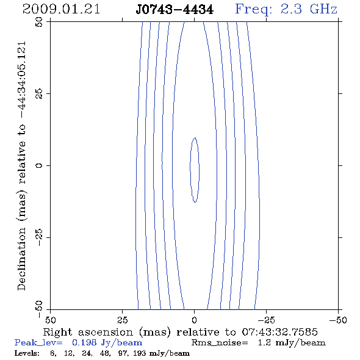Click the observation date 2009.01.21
click(x=61, y=9)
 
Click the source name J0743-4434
click(x=175, y=10)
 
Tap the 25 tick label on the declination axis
click(x=39, y=94)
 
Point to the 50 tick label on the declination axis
click(x=39, y=22)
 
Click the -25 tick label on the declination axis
click(x=39, y=237)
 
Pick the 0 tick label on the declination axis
click(x=39, y=165)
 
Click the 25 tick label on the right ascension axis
click(x=123, y=320)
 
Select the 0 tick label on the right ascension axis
click(x=195, y=320)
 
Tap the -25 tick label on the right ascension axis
click(x=266, y=320)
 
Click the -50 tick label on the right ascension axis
click(x=338, y=320)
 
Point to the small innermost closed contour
click(x=190, y=170)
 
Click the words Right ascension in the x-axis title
click(x=88, y=332)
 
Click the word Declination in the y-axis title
click(x=21, y=259)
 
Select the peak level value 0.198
click(x=84, y=343)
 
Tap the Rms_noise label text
click(x=220, y=343)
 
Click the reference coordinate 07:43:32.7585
click(x=279, y=332)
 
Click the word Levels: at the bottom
click(x=27, y=353)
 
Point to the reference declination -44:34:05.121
click(x=21, y=80)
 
